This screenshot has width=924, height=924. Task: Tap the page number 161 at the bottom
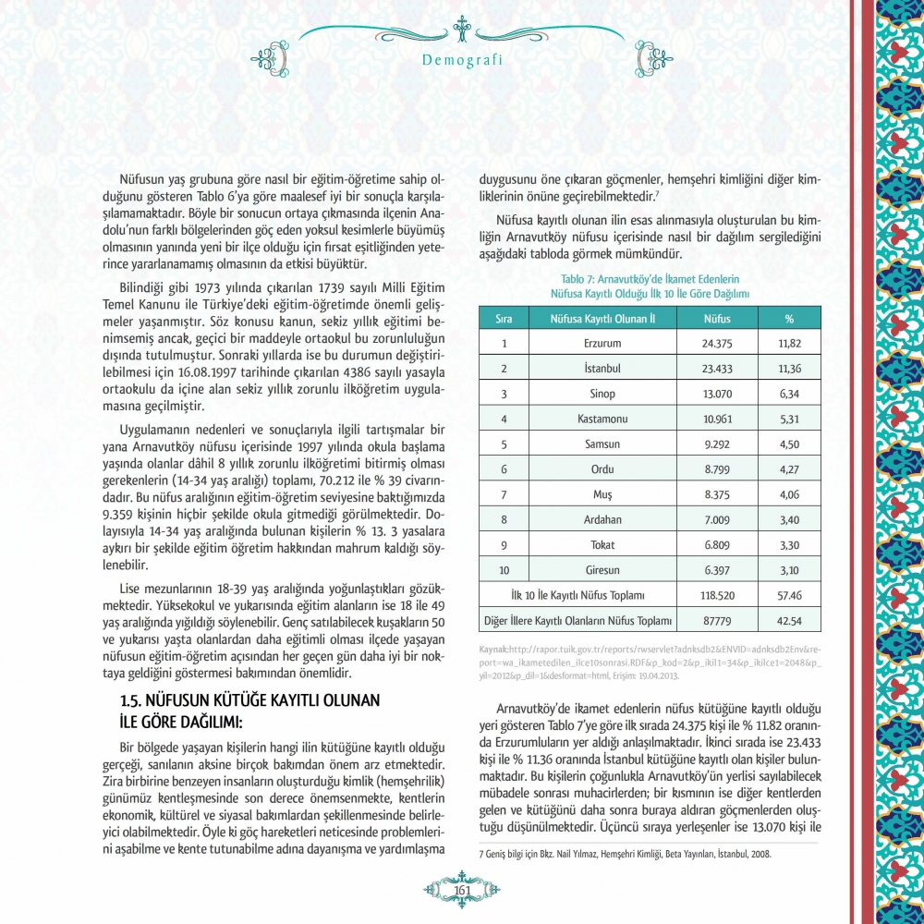pos(462,890)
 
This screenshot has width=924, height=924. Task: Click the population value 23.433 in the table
pos(717,368)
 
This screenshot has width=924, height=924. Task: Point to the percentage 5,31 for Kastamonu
pos(788,419)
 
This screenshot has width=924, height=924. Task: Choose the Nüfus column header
pos(717,318)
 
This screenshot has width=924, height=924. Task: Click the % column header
pos(789,318)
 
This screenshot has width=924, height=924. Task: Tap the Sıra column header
pos(505,318)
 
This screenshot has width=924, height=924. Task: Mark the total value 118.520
pos(717,594)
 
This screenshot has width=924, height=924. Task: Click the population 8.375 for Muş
pos(717,494)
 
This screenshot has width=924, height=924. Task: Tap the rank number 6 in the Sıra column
pos(505,469)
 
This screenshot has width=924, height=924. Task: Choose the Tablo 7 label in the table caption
pos(579,278)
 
